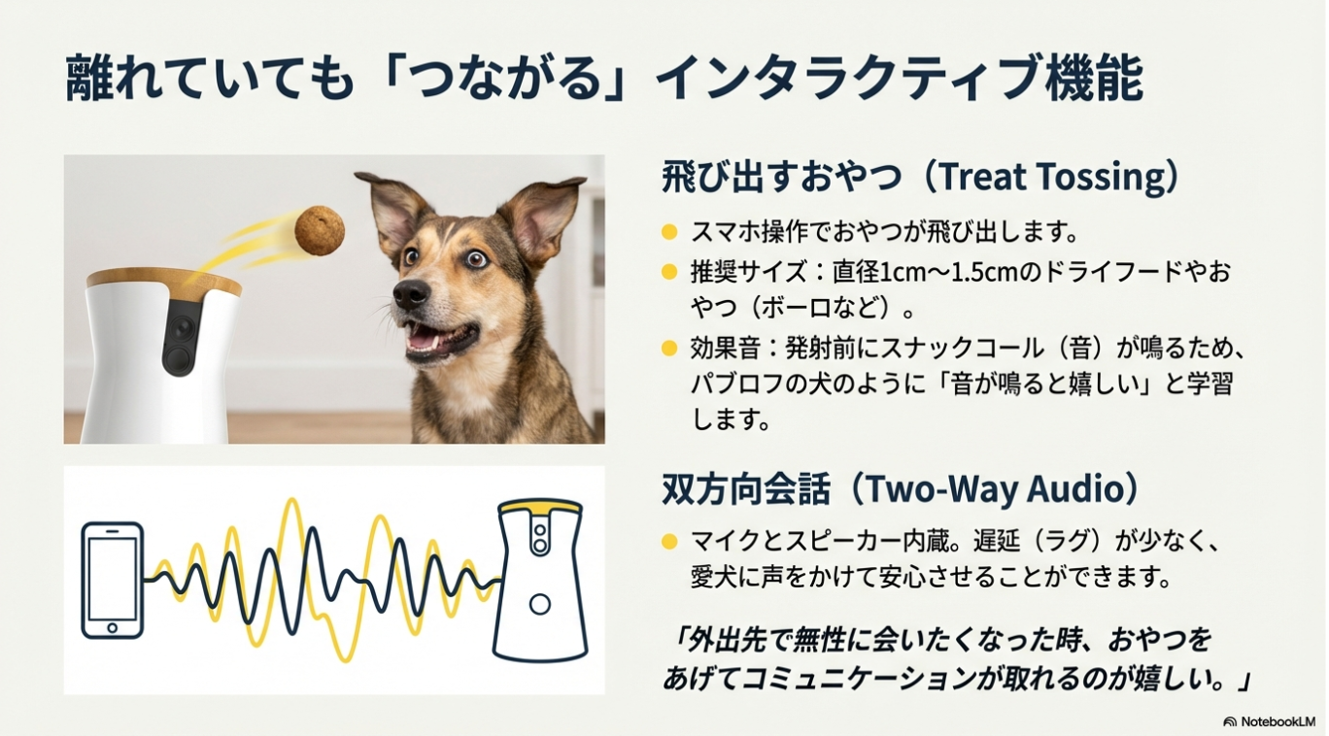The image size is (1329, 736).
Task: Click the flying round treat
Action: [320, 231]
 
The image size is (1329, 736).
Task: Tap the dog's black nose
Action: [411, 293]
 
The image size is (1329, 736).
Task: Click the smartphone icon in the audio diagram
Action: [112, 580]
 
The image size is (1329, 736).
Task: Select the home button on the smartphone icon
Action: [112, 627]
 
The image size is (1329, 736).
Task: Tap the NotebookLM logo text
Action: [1278, 721]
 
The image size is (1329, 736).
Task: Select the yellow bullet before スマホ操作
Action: [669, 231]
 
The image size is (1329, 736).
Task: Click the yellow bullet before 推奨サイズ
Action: [669, 272]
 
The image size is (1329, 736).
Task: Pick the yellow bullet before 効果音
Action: [669, 349]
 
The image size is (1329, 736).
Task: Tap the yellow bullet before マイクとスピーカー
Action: [669, 542]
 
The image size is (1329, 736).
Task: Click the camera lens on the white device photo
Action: [182, 328]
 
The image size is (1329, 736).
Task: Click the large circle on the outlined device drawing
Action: [539, 604]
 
